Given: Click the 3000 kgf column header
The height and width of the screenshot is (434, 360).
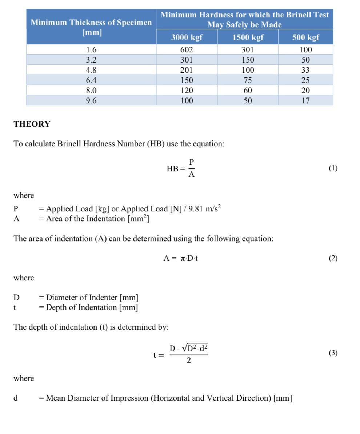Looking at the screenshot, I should click(x=187, y=37).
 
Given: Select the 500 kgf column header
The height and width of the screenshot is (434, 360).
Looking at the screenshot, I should click(x=305, y=37).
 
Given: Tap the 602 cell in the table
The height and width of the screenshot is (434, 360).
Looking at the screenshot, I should click(x=187, y=49).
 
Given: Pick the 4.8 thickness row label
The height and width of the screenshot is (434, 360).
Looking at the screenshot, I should click(x=91, y=70).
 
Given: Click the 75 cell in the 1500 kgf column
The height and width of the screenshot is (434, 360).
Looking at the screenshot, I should click(x=248, y=80).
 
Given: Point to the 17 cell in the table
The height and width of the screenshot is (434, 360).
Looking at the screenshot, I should click(x=305, y=100).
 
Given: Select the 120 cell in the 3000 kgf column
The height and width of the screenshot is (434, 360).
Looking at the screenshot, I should click(x=187, y=90).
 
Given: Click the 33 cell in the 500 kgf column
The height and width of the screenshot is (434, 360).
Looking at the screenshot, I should click(x=305, y=70).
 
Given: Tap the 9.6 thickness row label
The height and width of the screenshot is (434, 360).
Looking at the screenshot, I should click(x=91, y=100).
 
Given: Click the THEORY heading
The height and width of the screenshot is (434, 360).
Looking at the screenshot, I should click(x=32, y=124).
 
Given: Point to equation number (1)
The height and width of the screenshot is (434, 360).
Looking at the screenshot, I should click(x=333, y=168).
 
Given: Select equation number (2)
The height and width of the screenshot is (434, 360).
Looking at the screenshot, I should click(x=333, y=258).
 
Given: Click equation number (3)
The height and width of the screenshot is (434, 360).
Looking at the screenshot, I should click(x=333, y=353).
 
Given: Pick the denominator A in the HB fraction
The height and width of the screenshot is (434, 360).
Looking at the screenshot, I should click(x=192, y=174).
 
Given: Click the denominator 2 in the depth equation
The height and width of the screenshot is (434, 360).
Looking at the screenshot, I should click(x=189, y=361).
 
